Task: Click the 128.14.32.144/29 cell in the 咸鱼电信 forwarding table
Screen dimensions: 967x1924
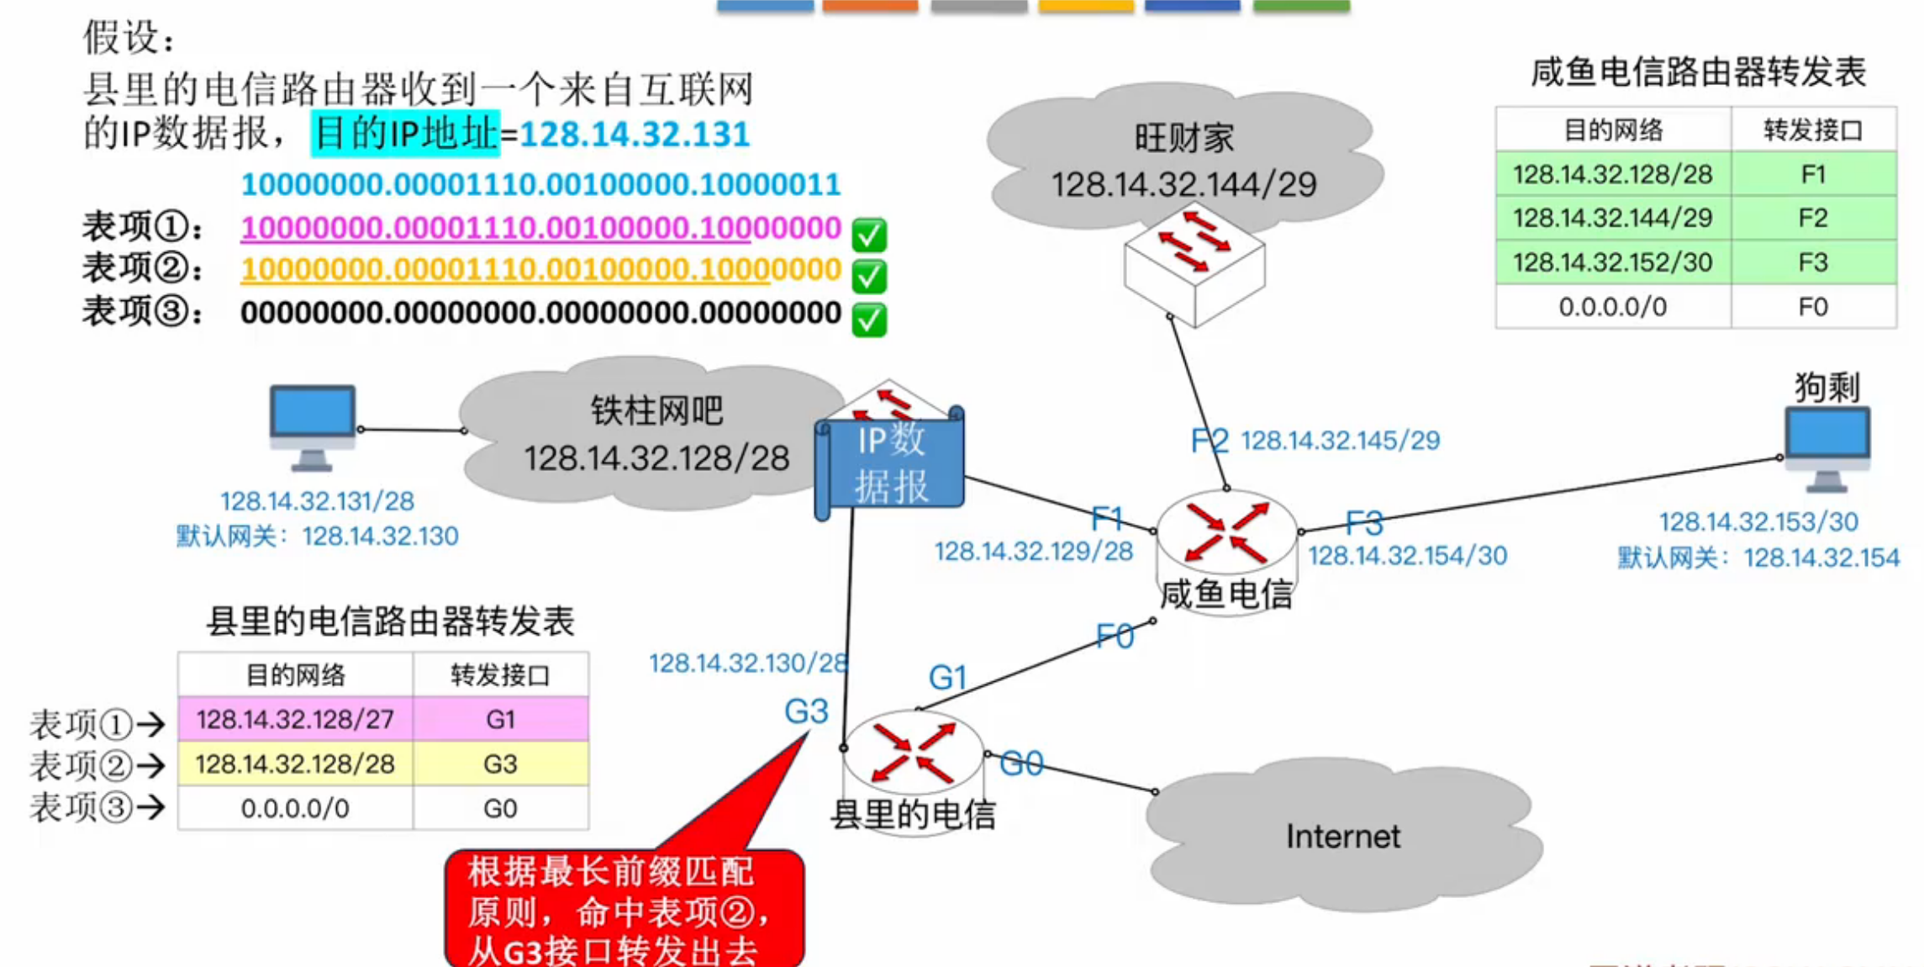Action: tap(1612, 219)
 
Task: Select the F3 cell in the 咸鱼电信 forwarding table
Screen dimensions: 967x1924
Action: tap(1813, 263)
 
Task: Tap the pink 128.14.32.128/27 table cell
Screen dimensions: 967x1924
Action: tap(294, 720)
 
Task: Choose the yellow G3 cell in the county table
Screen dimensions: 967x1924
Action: tap(500, 764)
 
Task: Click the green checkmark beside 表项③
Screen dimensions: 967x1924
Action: tap(869, 320)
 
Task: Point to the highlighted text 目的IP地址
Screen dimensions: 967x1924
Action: tap(405, 134)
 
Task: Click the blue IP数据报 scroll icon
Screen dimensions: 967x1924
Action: tap(891, 463)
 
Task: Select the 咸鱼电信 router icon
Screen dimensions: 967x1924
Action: tap(1226, 534)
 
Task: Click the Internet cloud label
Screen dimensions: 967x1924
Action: tap(1342, 837)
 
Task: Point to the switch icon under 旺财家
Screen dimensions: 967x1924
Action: tap(1194, 265)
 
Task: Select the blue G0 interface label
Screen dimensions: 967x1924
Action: tap(1021, 764)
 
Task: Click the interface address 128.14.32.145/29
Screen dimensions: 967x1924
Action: tap(1340, 441)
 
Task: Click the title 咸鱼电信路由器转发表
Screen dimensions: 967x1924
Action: tap(1697, 72)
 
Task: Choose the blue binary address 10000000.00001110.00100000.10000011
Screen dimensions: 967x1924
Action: tap(540, 184)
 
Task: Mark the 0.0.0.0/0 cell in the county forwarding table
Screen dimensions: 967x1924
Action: tap(294, 809)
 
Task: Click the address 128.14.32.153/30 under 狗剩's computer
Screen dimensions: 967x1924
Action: tap(1758, 522)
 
